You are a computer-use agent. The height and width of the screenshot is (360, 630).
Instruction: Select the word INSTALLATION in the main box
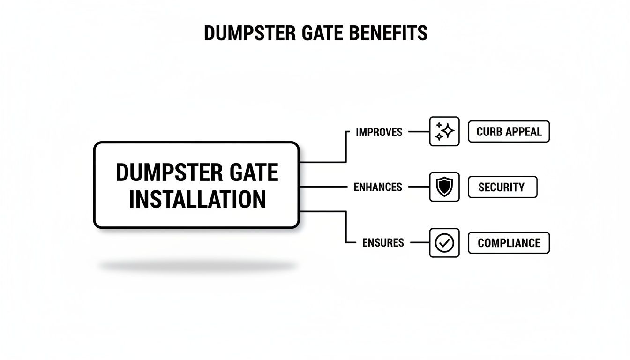tap(197, 199)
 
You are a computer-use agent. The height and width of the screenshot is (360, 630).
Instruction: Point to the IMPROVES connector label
tap(379, 132)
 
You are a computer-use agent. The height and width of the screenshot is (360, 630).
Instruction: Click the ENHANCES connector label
tap(377, 187)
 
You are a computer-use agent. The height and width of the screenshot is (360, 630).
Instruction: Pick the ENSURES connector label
tap(383, 243)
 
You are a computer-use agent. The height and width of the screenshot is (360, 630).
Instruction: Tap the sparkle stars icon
tap(444, 131)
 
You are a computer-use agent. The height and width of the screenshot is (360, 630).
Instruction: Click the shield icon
tap(444, 187)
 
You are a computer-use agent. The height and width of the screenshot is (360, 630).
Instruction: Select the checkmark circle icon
tap(444, 243)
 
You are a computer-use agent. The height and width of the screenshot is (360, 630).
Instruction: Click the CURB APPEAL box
tap(509, 132)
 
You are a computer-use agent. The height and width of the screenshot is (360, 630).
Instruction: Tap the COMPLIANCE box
tap(509, 243)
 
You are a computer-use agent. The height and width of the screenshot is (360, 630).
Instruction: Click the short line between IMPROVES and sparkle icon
tap(419, 132)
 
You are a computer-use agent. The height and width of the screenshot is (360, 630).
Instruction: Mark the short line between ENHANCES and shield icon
tap(419, 187)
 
